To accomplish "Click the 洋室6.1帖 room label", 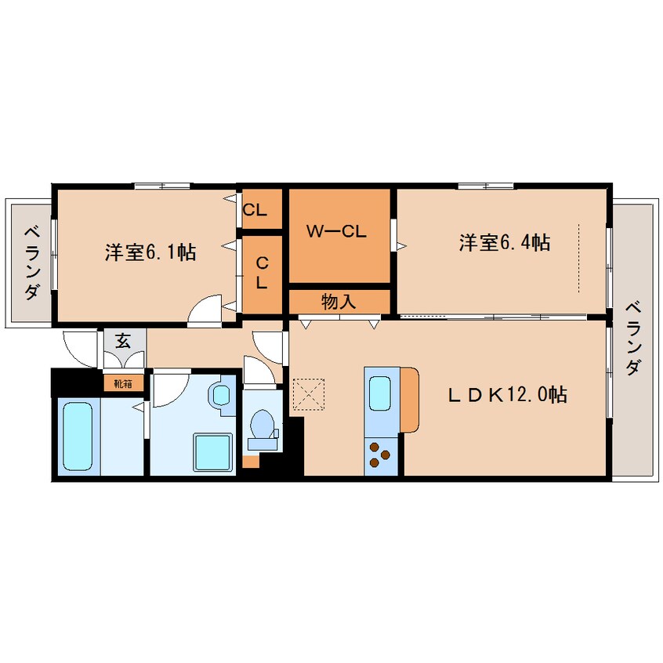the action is click(x=150, y=252).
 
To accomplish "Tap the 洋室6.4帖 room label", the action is click(x=505, y=243).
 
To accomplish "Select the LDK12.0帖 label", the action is click(x=507, y=394).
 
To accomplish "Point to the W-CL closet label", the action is click(x=336, y=231).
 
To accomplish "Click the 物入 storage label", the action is click(x=339, y=302).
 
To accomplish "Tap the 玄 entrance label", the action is click(x=123, y=341).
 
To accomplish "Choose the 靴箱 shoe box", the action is click(x=123, y=383).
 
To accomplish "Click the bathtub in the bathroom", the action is click(x=78, y=436).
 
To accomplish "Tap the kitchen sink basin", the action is click(x=380, y=393).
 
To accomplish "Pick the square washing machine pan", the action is click(x=213, y=451).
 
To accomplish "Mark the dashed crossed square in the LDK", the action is click(x=309, y=394).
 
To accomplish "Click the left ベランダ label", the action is click(x=32, y=263).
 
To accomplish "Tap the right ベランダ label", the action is click(x=633, y=338).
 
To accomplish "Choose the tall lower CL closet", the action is click(x=262, y=274).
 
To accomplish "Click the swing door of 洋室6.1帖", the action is click(x=205, y=311).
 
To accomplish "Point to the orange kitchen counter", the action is click(x=409, y=400).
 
